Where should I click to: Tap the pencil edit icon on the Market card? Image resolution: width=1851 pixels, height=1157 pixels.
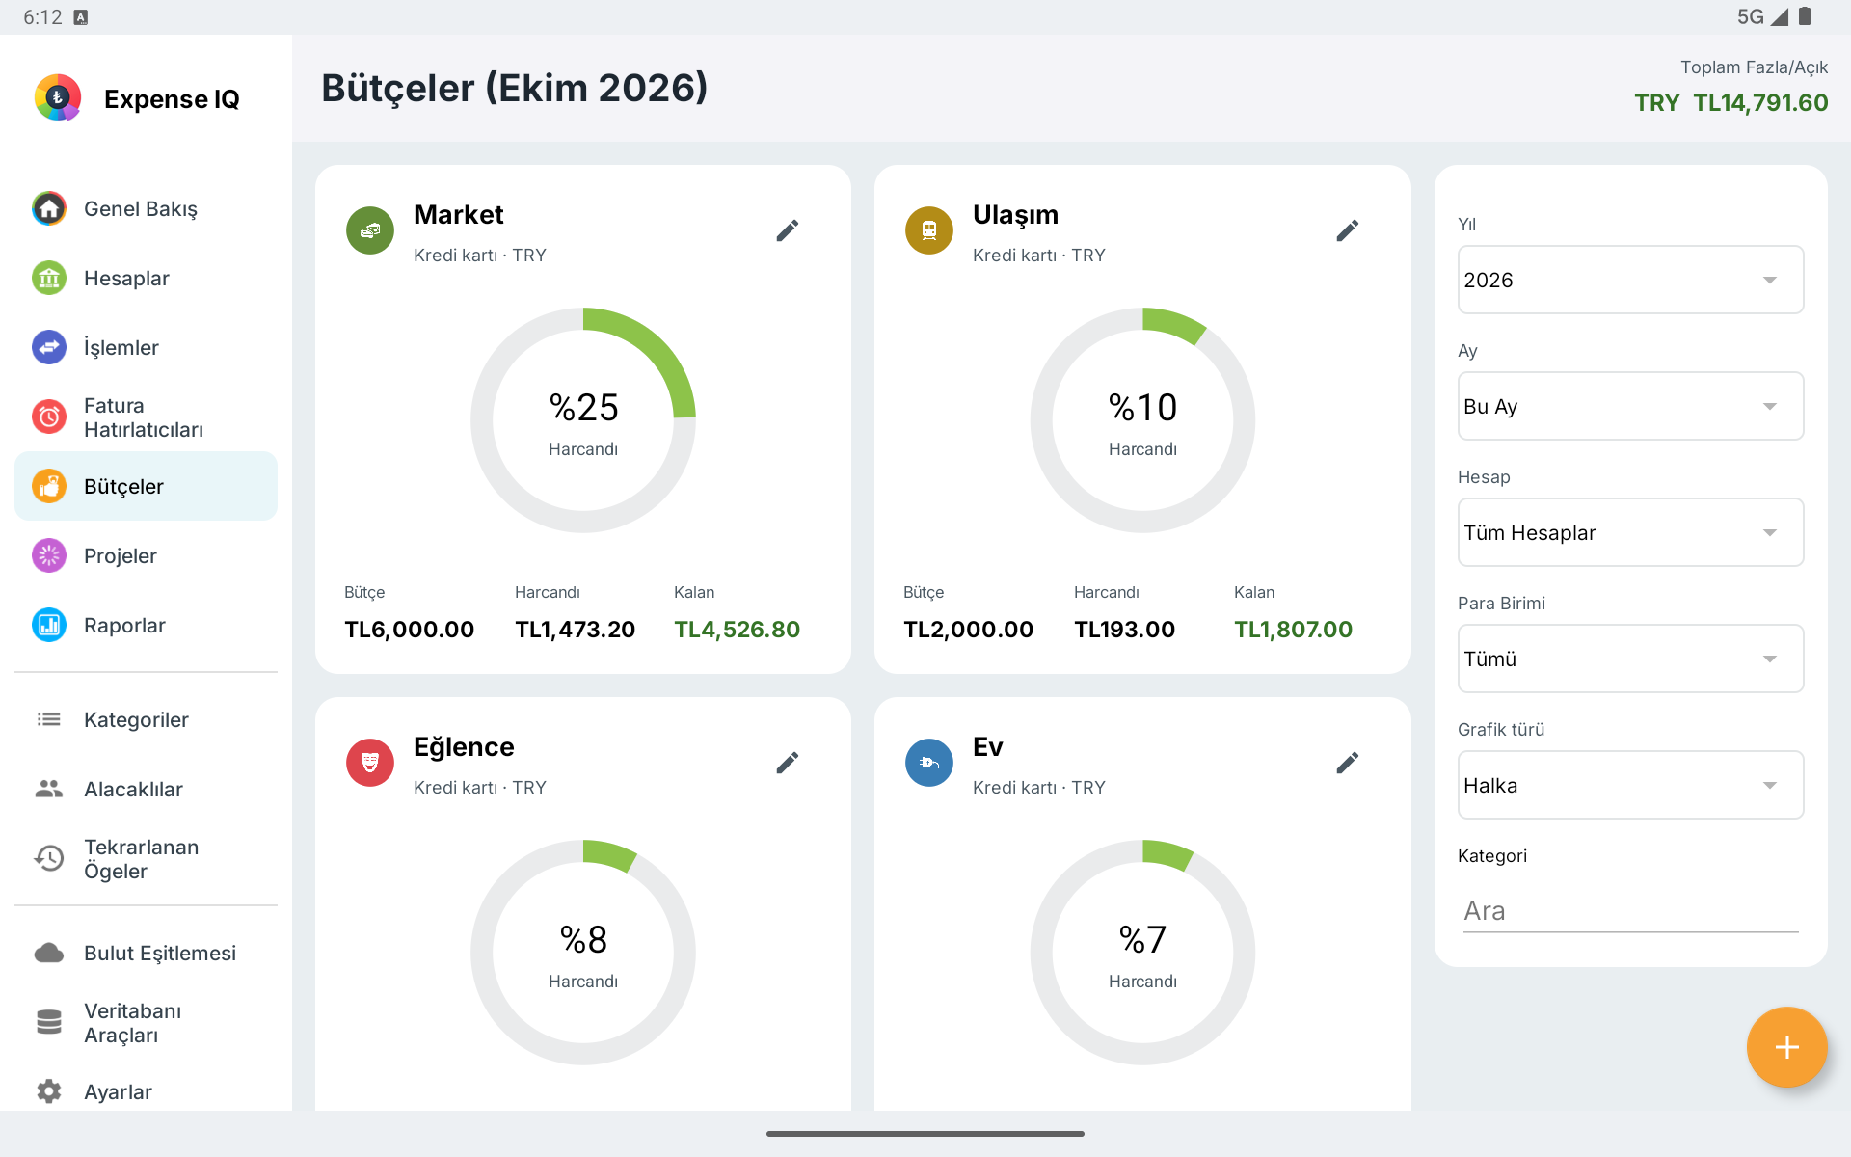[788, 230]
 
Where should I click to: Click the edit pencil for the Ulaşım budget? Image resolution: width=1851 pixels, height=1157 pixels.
[1347, 230]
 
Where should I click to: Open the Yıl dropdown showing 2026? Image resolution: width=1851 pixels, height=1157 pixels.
[1630, 280]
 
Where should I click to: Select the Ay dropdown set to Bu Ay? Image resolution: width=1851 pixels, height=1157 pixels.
[1630, 406]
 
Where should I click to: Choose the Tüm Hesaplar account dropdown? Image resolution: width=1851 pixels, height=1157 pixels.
[1630, 532]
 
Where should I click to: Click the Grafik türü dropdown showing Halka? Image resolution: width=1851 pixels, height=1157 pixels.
[1630, 785]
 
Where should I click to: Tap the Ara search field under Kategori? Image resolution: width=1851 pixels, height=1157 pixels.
[1630, 910]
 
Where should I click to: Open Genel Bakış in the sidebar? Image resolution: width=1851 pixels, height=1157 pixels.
[141, 209]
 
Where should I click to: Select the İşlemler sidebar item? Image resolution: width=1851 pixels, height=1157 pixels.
[121, 348]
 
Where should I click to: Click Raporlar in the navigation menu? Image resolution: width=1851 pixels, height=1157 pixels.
[124, 626]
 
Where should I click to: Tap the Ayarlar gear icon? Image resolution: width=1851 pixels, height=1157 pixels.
[49, 1091]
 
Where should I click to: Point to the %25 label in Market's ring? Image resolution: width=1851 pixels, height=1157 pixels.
[583, 408]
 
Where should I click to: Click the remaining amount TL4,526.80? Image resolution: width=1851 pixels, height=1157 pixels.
[737, 630]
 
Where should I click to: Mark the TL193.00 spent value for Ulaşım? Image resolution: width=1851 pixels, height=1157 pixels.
[1124, 630]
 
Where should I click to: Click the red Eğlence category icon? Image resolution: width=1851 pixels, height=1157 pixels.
[370, 763]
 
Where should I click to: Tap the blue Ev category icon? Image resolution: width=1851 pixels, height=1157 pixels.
[929, 763]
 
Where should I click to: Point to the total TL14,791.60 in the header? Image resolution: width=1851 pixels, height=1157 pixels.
[1760, 103]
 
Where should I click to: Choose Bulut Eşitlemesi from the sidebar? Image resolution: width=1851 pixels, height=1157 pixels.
[160, 954]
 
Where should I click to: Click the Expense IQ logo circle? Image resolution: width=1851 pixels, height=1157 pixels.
[58, 97]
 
